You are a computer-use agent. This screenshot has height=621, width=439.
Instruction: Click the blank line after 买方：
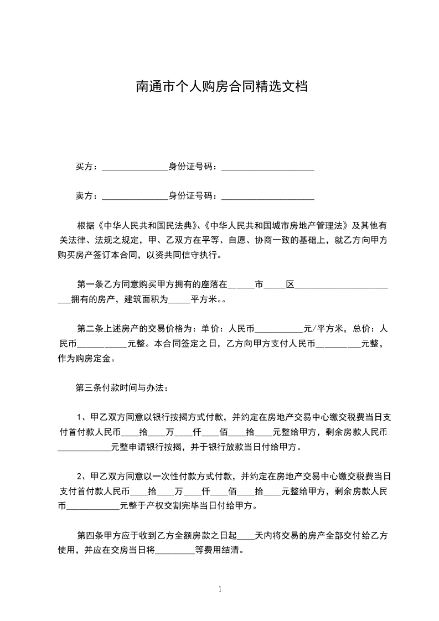tap(135, 167)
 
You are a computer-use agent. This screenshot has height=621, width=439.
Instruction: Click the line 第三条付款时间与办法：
tap(121, 387)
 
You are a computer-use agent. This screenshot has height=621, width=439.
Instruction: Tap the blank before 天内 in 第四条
tap(246, 536)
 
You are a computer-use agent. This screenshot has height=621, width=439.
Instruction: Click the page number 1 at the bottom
tap(220, 589)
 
